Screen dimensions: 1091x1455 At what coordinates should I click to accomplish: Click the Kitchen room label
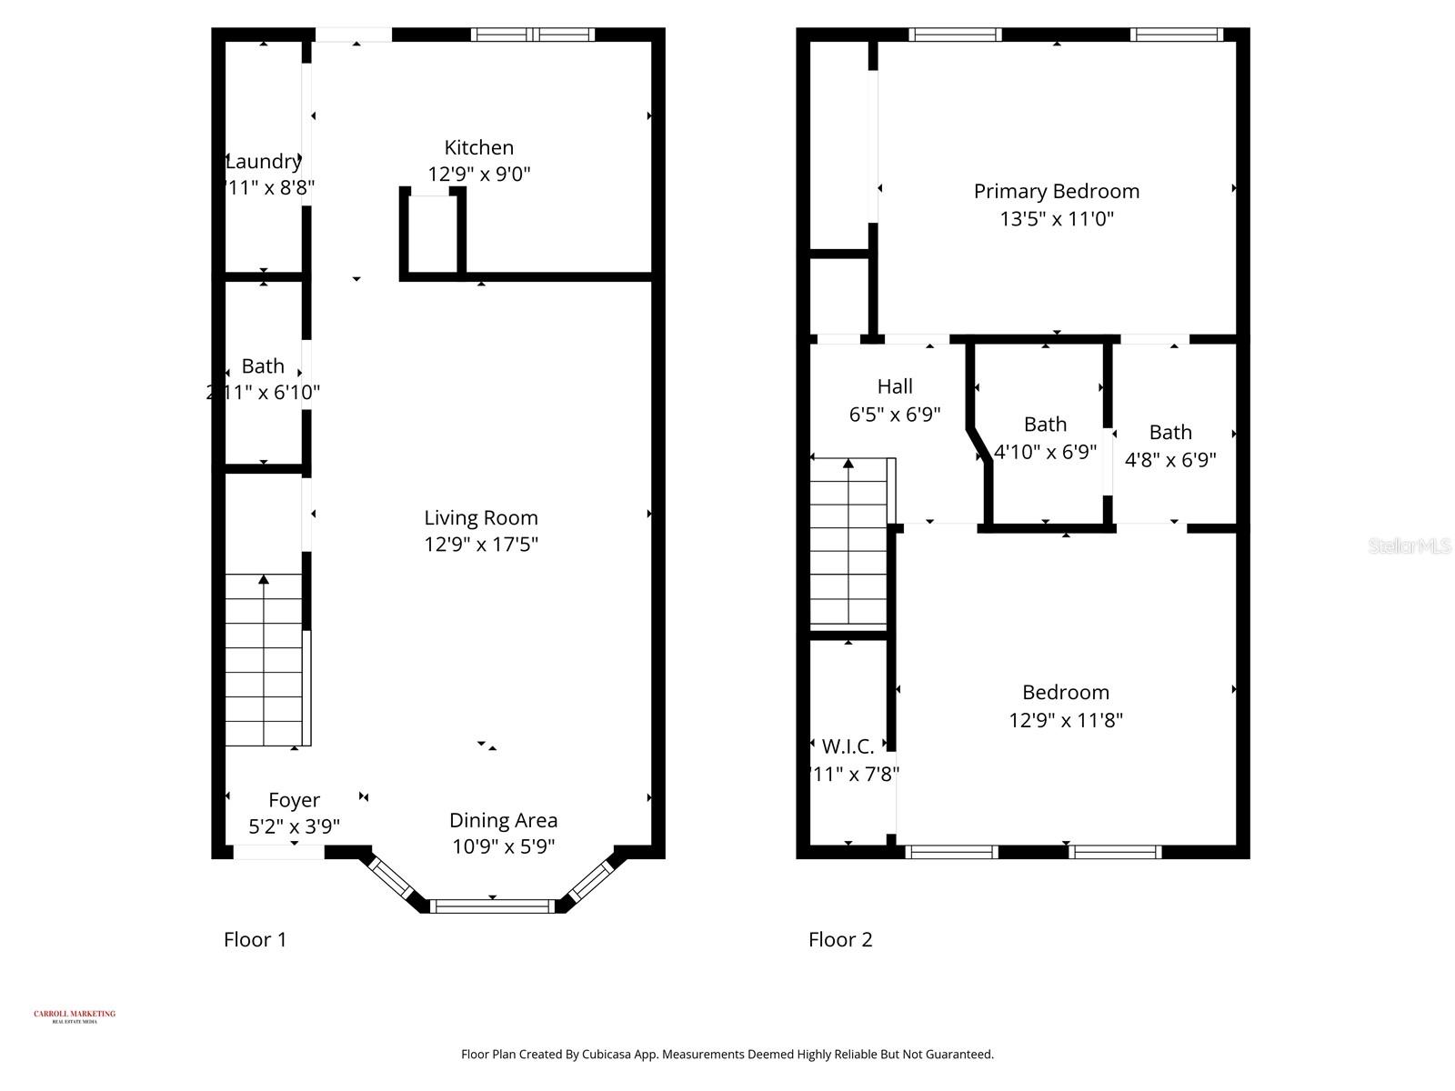coord(479,147)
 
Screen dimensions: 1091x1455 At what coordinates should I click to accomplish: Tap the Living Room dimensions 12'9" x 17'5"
coord(481,545)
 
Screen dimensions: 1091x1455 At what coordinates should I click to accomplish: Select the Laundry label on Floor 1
coord(264,161)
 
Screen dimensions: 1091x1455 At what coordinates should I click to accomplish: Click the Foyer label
coord(294,800)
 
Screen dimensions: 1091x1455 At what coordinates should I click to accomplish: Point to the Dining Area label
coord(503,820)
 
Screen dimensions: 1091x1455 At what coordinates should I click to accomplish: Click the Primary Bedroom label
coord(1056,191)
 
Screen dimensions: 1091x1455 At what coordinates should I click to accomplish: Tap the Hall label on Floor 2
coord(895,386)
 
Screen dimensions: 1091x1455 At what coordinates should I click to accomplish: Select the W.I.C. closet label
coord(848,746)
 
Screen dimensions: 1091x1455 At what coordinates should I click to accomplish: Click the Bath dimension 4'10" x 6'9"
coord(1045,452)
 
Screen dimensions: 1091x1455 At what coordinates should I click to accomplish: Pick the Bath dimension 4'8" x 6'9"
coord(1170,460)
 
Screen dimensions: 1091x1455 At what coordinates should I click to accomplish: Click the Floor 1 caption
coord(256,939)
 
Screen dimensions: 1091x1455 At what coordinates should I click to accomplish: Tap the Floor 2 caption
coord(840,939)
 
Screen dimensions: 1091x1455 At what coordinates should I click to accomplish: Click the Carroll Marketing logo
coord(75,1016)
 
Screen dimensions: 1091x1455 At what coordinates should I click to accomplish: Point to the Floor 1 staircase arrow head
coord(264,579)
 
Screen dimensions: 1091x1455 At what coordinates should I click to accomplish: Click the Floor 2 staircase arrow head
coord(848,464)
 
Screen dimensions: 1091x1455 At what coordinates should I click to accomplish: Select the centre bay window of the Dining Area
coord(492,906)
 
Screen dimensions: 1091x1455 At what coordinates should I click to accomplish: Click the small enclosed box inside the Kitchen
coord(433,234)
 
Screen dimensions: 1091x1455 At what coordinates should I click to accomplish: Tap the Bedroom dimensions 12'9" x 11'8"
coord(1066,720)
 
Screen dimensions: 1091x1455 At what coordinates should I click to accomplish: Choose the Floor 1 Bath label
coord(263,366)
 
